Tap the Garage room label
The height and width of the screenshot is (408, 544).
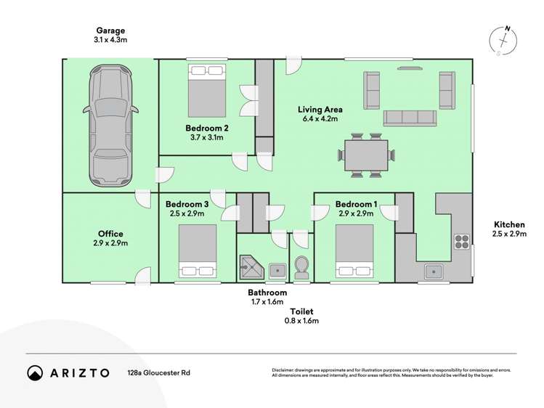(x=110, y=30)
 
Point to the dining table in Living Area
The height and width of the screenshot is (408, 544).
(x=366, y=154)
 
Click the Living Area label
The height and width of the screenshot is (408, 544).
(x=320, y=110)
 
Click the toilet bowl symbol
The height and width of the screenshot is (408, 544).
(x=301, y=268)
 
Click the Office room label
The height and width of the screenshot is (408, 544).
(x=110, y=234)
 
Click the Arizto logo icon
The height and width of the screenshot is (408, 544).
(x=36, y=372)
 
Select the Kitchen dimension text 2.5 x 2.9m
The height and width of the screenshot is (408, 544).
(x=509, y=234)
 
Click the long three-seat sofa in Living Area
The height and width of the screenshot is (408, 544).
(x=409, y=118)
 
